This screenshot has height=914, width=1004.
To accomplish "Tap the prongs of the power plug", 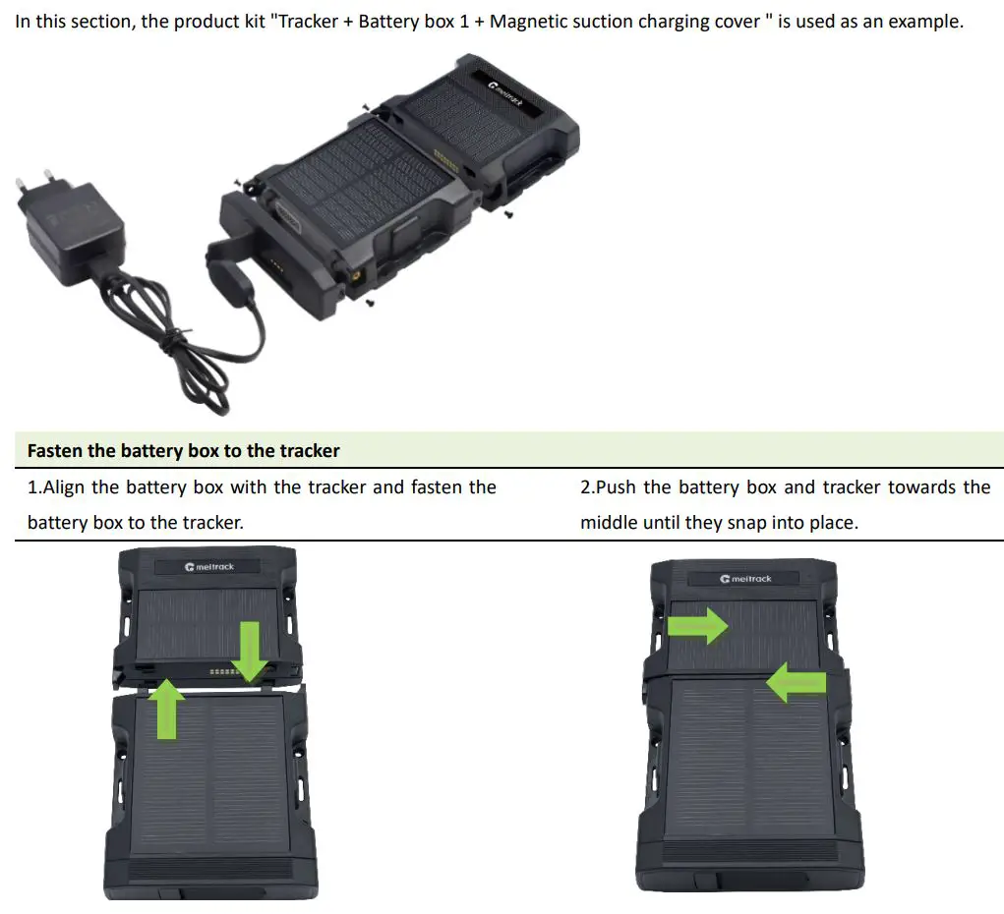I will (30, 184).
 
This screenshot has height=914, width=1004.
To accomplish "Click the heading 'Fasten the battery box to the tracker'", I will (183, 451).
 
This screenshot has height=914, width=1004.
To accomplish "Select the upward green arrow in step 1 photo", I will (167, 708).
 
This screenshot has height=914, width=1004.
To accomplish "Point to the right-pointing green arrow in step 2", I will (697, 625).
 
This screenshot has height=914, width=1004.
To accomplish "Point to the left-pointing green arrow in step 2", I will (796, 682).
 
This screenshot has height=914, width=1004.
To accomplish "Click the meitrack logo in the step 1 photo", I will (208, 567).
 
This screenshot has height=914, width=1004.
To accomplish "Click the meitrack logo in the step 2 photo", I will (745, 579).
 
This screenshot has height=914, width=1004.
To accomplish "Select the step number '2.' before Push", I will (587, 487).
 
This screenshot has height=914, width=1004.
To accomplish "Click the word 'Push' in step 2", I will (616, 487).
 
